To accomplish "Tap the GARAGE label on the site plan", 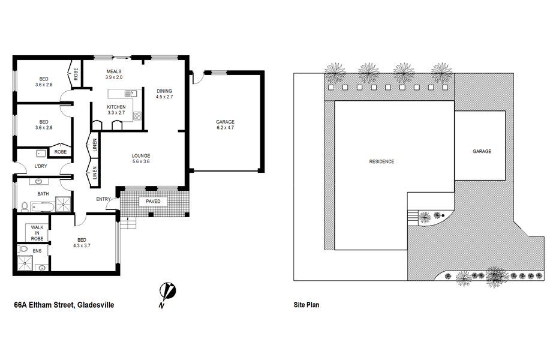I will [x=482, y=151].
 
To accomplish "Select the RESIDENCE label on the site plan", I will [x=381, y=161].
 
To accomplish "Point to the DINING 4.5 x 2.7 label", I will [x=164, y=93].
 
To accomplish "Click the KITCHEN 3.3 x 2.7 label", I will [x=116, y=109].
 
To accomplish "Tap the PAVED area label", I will [x=153, y=201].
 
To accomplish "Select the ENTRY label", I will [x=103, y=199].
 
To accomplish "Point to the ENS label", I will [x=37, y=250].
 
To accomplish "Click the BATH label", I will [x=43, y=194].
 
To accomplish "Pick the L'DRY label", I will [x=41, y=166].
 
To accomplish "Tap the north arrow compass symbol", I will [x=167, y=293].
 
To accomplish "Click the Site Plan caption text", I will [x=306, y=305].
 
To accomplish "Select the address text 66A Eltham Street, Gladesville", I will [x=64, y=305].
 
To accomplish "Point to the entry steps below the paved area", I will [x=128, y=223].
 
